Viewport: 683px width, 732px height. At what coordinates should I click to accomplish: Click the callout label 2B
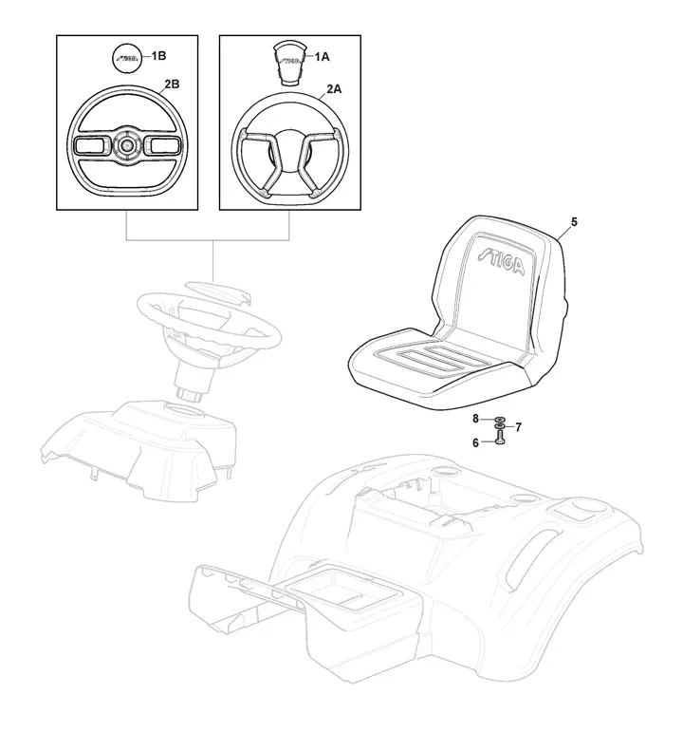[172, 84]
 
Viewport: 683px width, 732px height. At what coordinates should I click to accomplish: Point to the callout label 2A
[334, 87]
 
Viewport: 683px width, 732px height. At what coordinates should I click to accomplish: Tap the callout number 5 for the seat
[574, 221]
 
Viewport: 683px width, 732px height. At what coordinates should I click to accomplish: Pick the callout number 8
[476, 419]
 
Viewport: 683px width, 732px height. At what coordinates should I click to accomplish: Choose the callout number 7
[518, 426]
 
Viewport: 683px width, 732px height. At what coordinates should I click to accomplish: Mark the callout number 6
[476, 441]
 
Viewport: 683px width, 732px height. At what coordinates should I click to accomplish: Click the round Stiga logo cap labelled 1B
[126, 58]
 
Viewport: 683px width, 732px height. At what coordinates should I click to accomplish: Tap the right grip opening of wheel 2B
[161, 145]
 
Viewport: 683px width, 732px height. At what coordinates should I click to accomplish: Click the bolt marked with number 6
[499, 440]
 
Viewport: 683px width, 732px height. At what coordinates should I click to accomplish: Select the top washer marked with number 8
[499, 419]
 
